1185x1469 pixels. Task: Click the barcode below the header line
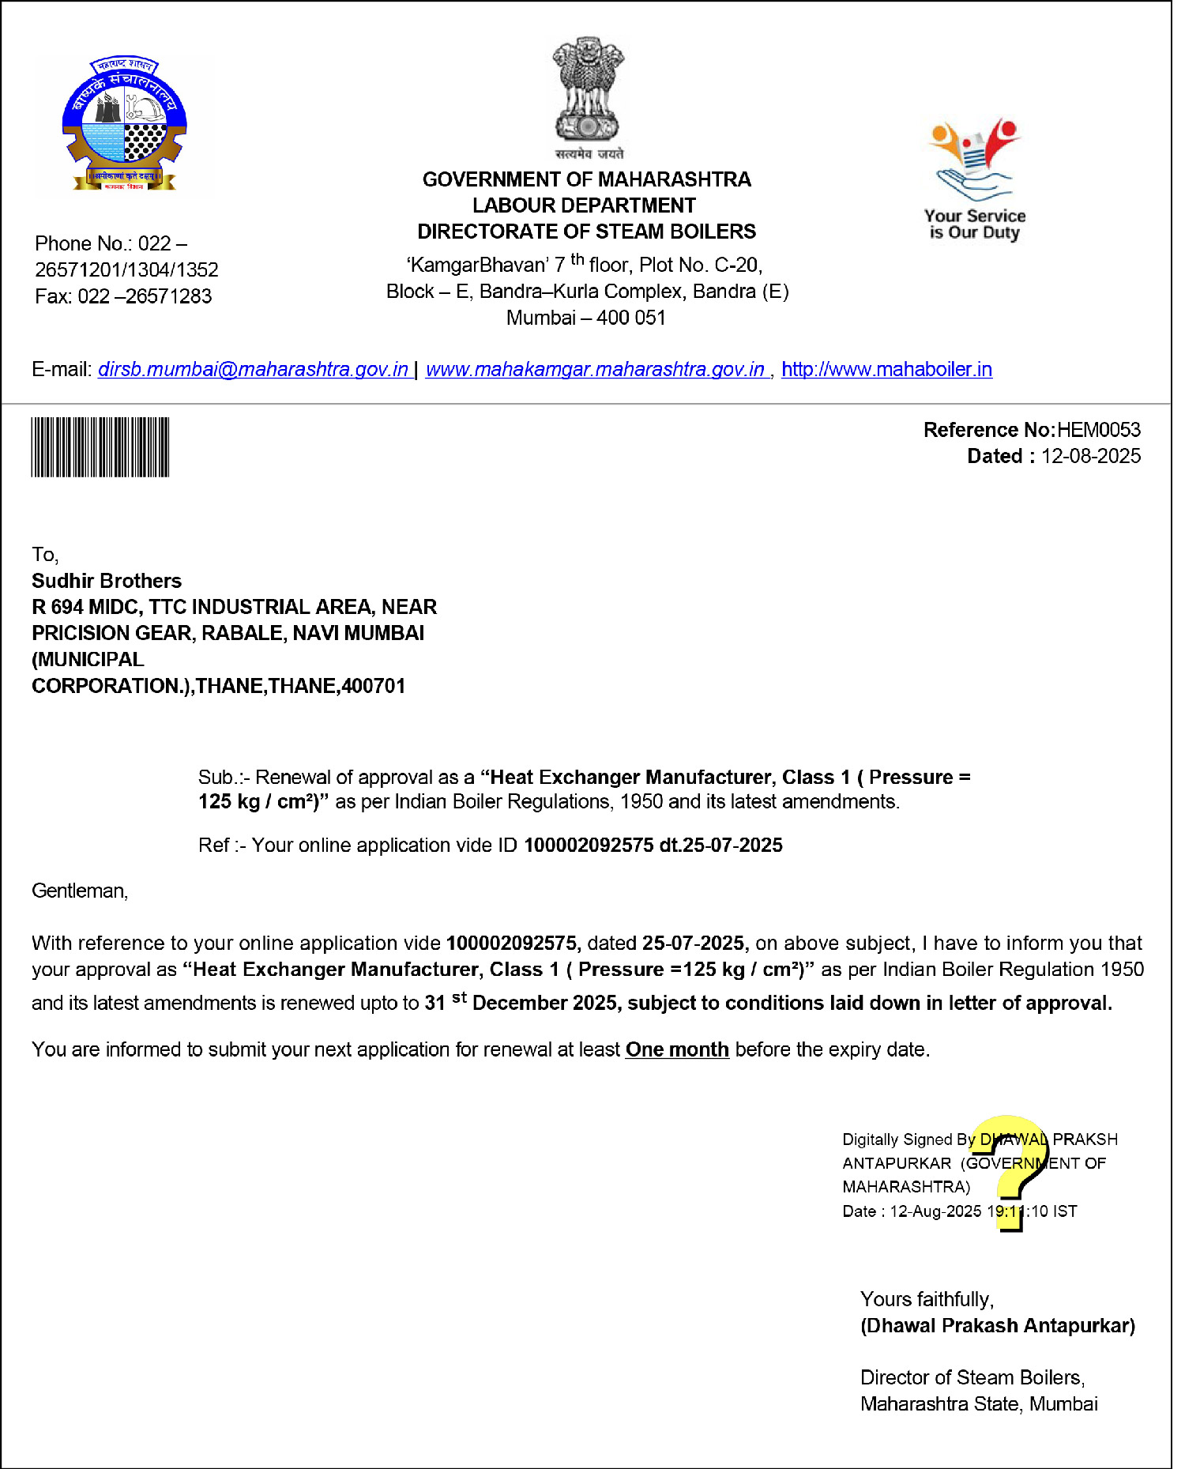click(100, 447)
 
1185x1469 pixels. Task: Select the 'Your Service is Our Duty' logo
click(974, 179)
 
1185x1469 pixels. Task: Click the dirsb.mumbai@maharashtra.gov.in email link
click(253, 369)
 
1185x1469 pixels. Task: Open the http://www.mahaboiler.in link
click(886, 369)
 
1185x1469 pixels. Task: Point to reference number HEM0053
click(1098, 430)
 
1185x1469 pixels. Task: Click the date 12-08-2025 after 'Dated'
click(1090, 456)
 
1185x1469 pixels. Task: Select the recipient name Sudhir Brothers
click(107, 581)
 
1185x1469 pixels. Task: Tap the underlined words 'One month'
click(677, 1049)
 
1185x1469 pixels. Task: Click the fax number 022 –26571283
click(145, 296)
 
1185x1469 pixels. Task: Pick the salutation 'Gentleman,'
click(80, 891)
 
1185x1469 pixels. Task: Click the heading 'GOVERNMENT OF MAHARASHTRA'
click(586, 179)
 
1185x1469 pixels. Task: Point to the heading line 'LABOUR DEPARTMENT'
click(584, 205)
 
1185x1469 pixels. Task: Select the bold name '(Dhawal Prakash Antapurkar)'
click(997, 1325)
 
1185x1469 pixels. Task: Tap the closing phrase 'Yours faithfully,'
click(927, 1299)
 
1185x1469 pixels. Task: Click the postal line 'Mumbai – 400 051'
click(585, 318)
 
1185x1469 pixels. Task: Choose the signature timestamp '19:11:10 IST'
click(1032, 1211)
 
